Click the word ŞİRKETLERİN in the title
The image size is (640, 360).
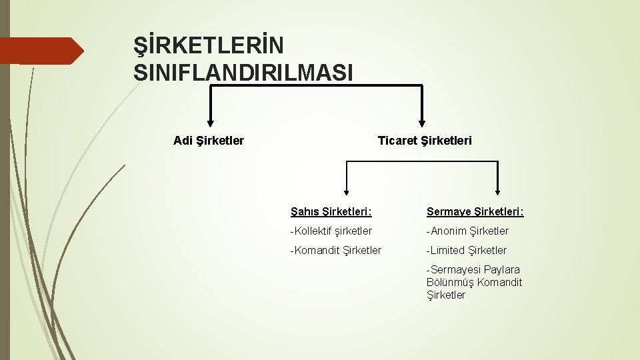point(208,46)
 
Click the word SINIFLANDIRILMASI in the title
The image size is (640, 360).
point(243,72)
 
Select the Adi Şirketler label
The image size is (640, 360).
point(208,141)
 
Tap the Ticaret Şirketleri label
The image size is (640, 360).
point(424,141)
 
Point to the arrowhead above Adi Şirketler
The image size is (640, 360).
point(211,122)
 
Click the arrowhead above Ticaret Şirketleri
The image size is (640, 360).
point(422,122)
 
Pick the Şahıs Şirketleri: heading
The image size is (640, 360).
point(331,212)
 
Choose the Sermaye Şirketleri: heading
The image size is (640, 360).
point(475,212)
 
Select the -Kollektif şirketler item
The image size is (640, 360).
point(331,231)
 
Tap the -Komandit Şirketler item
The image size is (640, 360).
point(335,251)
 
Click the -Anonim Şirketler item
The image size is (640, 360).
point(467,231)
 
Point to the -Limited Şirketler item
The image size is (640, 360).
point(467,251)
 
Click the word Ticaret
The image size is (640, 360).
point(397,141)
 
